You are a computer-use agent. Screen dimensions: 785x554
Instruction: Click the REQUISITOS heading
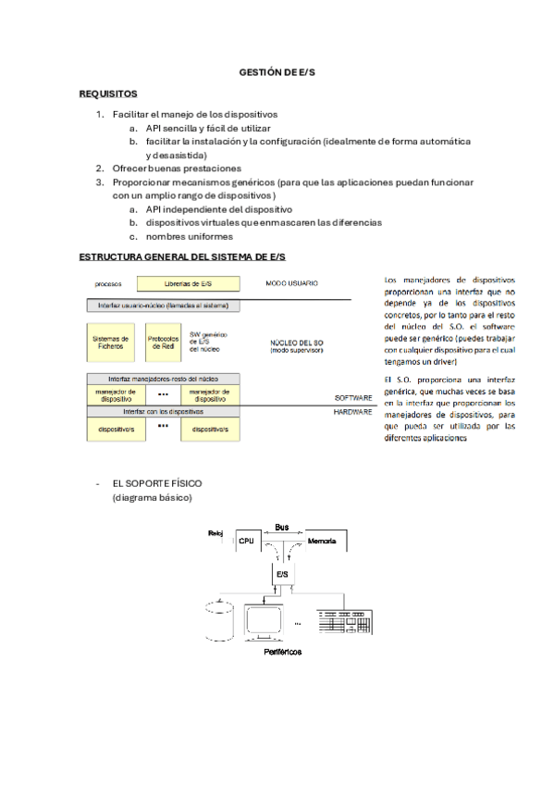(108, 93)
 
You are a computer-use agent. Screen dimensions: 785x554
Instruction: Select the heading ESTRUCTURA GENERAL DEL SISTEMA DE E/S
(182, 255)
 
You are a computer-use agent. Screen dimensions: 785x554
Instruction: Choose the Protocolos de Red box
(163, 343)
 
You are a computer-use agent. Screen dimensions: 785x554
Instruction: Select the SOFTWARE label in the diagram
(352, 398)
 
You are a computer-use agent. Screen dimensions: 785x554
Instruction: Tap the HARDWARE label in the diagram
(352, 412)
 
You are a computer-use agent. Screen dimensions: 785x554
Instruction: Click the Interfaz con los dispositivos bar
(164, 411)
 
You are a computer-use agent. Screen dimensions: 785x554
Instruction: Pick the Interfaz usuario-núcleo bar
(164, 305)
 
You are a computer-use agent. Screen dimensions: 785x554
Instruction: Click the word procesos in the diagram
(109, 283)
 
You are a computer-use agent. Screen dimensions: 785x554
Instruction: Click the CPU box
(247, 541)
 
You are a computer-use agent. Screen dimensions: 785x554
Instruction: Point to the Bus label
(282, 527)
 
